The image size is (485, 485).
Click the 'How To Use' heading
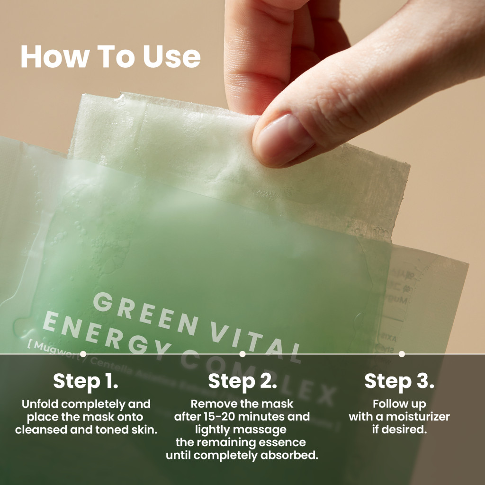[x=110, y=56]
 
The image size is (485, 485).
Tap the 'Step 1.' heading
[x=85, y=381]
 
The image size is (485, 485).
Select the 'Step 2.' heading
[x=242, y=381]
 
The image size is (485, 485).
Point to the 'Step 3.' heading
[x=399, y=381]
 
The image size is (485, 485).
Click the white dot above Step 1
[x=83, y=354]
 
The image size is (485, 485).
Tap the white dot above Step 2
[x=242, y=354]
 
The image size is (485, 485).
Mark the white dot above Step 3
[x=402, y=354]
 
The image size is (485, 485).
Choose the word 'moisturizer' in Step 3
[x=419, y=417]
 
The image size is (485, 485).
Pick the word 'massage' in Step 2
[x=267, y=430]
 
